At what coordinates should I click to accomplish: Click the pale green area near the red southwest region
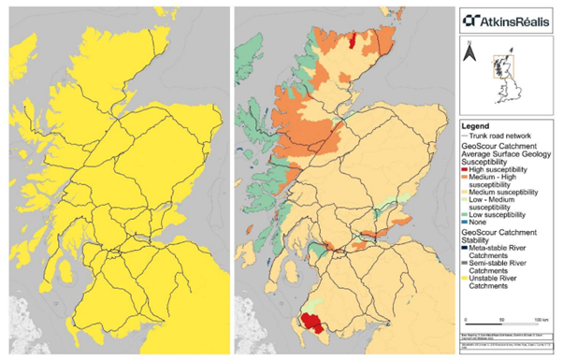click(323, 302)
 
